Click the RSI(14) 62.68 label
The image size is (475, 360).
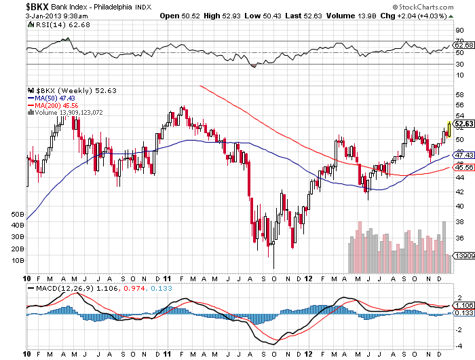click(52, 24)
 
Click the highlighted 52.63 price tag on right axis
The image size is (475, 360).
click(464, 124)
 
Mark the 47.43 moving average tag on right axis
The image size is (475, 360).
click(464, 155)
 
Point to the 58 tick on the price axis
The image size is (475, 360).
click(459, 93)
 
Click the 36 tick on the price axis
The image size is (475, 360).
click(459, 238)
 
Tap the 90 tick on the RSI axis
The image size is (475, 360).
click(459, 30)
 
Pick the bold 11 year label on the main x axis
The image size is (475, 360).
click(166, 278)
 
